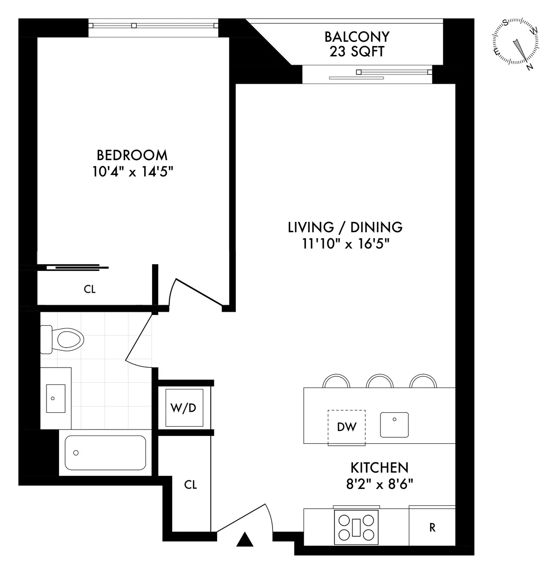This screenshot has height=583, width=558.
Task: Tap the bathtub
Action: coord(105,452)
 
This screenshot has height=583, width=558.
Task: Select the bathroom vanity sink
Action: coord(56,398)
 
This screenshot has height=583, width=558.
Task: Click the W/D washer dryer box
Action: coord(184,408)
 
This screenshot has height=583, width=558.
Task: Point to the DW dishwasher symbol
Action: coord(346,427)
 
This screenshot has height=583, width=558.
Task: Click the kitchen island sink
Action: coord(394,424)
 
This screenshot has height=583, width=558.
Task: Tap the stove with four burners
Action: coord(356,526)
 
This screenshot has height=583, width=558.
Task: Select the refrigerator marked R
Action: coord(432,528)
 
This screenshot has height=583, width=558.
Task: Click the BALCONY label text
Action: coord(357,36)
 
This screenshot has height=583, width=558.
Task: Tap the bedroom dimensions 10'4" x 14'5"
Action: coord(133,172)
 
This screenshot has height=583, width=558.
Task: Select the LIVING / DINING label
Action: coord(345,227)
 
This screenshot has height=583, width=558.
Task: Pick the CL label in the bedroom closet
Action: coord(90,289)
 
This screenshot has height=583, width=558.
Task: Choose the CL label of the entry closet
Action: coord(191,485)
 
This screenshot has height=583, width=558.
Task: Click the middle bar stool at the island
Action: coord(380,381)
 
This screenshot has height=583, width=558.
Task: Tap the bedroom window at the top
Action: coord(153,26)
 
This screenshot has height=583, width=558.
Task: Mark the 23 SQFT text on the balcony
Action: coord(357,52)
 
